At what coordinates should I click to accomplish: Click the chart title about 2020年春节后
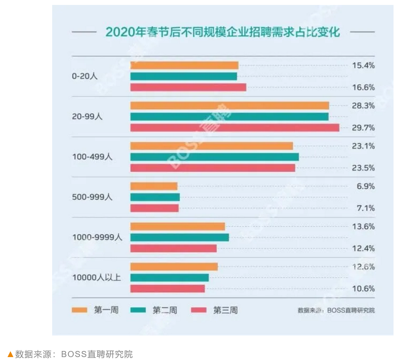[x=223, y=32]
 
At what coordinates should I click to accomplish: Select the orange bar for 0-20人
[x=184, y=65]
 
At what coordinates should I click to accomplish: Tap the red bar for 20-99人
[x=234, y=128]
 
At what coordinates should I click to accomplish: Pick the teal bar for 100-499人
[x=214, y=157]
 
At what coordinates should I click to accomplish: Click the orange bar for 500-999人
[x=154, y=186]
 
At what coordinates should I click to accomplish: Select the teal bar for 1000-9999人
[x=179, y=238]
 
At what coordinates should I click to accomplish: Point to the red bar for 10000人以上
[x=167, y=289]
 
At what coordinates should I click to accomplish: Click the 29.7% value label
[x=363, y=128]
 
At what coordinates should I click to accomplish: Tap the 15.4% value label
[x=363, y=65]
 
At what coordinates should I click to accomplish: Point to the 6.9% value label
[x=366, y=186]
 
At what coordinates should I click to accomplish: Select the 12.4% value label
[x=363, y=249]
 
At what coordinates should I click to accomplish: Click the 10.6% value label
[x=363, y=289]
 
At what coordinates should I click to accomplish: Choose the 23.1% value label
[x=363, y=146]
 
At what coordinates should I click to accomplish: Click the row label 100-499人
[x=92, y=157]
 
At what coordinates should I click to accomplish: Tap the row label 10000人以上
[x=96, y=277]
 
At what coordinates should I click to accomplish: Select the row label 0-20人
[x=84, y=76]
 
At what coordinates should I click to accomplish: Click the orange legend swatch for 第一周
[x=80, y=310]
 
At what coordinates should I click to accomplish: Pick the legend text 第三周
[x=225, y=310]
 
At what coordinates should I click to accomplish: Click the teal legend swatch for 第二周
[x=138, y=310]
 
